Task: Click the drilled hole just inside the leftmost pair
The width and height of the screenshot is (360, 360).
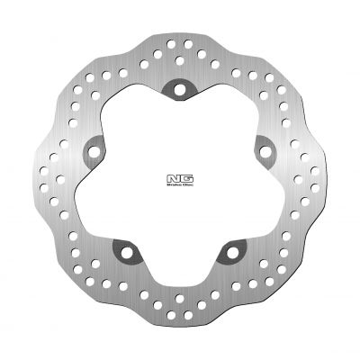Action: pos(65,179)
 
